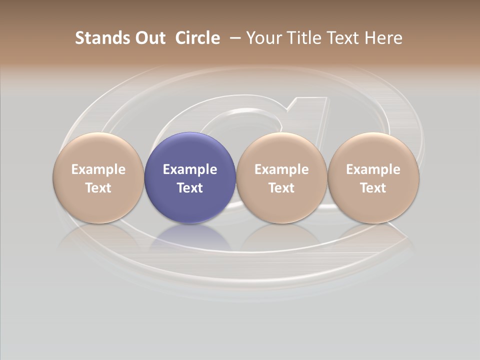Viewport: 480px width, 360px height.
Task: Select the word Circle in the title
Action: coord(197,38)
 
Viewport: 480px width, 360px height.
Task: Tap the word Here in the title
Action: coord(383,38)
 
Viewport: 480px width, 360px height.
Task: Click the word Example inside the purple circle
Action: coord(190,169)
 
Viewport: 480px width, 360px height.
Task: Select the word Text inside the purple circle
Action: coord(190,188)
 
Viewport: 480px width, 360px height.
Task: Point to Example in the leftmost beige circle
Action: coord(98,169)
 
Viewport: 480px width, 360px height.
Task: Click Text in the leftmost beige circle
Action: coord(98,188)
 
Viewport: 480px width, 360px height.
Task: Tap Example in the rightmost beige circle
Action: coord(373,169)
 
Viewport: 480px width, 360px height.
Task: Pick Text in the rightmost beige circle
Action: coord(373,188)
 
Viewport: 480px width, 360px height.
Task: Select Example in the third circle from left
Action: coord(281,169)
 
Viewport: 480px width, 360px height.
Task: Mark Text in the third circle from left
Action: coord(281,188)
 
